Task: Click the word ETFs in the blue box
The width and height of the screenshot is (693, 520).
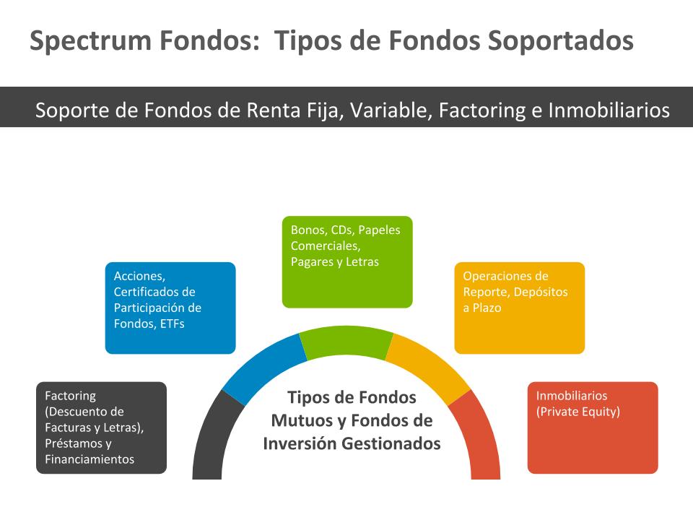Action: point(171,324)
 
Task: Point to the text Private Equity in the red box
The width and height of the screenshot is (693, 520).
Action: point(578,412)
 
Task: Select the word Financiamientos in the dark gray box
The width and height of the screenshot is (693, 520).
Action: point(90,459)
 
